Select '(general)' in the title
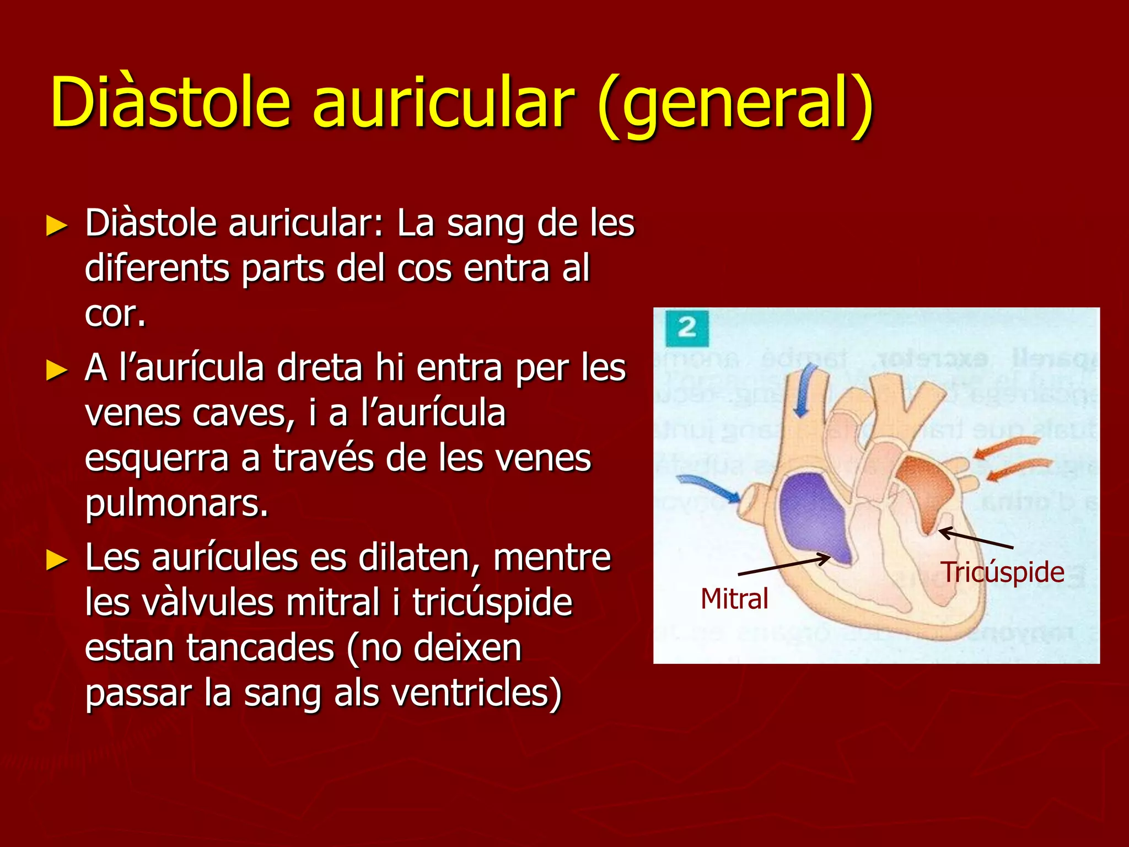[735, 105]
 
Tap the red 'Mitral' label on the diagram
[734, 599]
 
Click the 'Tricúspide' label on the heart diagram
[1002, 572]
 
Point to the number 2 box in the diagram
[686, 329]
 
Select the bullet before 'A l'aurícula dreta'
[57, 370]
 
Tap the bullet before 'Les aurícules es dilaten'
[57, 560]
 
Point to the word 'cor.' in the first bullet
[115, 314]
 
